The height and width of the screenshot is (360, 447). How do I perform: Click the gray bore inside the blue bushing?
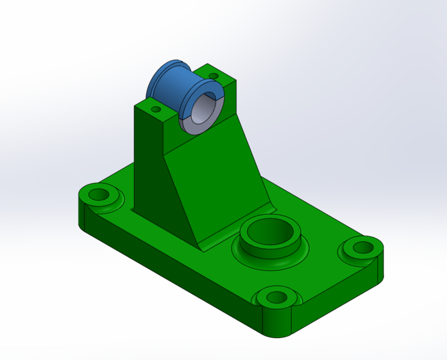point(202,110)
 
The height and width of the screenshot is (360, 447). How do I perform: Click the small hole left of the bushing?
point(156,109)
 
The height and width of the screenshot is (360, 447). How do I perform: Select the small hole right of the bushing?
point(213,75)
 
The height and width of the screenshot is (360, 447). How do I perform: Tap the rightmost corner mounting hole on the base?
point(363,246)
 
